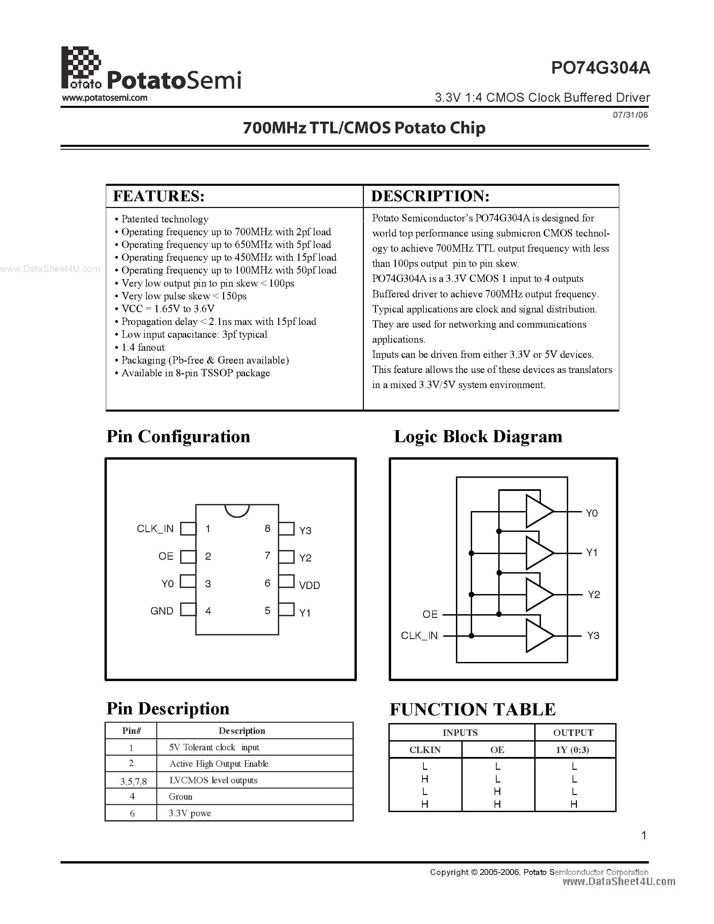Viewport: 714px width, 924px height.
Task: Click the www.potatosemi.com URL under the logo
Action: (x=104, y=98)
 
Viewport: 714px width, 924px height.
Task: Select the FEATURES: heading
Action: (x=159, y=196)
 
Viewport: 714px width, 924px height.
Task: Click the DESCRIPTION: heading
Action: (x=430, y=196)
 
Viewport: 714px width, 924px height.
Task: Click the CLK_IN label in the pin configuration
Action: (x=155, y=529)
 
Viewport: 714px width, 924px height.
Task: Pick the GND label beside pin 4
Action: (x=162, y=611)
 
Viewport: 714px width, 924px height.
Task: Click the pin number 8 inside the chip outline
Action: (x=267, y=529)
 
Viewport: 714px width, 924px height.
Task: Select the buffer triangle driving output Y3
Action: (x=538, y=635)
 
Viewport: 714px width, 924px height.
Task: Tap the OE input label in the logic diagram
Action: (x=430, y=614)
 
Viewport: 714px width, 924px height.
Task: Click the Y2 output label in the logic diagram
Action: (x=593, y=595)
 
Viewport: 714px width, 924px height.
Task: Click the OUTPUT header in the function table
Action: (x=573, y=733)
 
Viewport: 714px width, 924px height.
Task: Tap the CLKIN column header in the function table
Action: (x=425, y=750)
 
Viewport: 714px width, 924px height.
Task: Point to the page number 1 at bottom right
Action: (x=644, y=835)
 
